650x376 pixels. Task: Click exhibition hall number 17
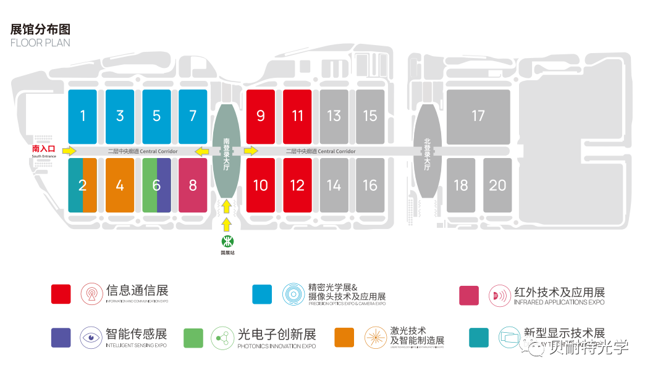tap(478, 116)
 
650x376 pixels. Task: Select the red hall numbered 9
tap(260, 116)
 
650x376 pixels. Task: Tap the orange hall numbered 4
tap(120, 185)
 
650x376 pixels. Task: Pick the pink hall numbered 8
tap(193, 185)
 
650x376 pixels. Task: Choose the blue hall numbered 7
tap(193, 116)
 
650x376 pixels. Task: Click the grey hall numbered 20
tap(497, 185)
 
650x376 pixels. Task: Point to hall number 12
tap(297, 185)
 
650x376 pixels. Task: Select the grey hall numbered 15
tap(370, 116)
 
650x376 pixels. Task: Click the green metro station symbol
tap(227, 240)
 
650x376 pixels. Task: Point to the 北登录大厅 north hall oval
tap(427, 151)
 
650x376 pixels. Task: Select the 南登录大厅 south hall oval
tap(226, 151)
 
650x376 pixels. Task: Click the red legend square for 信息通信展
tap(61, 295)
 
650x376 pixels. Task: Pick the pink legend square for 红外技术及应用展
tap(469, 295)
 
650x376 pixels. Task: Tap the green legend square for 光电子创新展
tap(193, 338)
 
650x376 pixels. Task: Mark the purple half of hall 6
tap(164, 185)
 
